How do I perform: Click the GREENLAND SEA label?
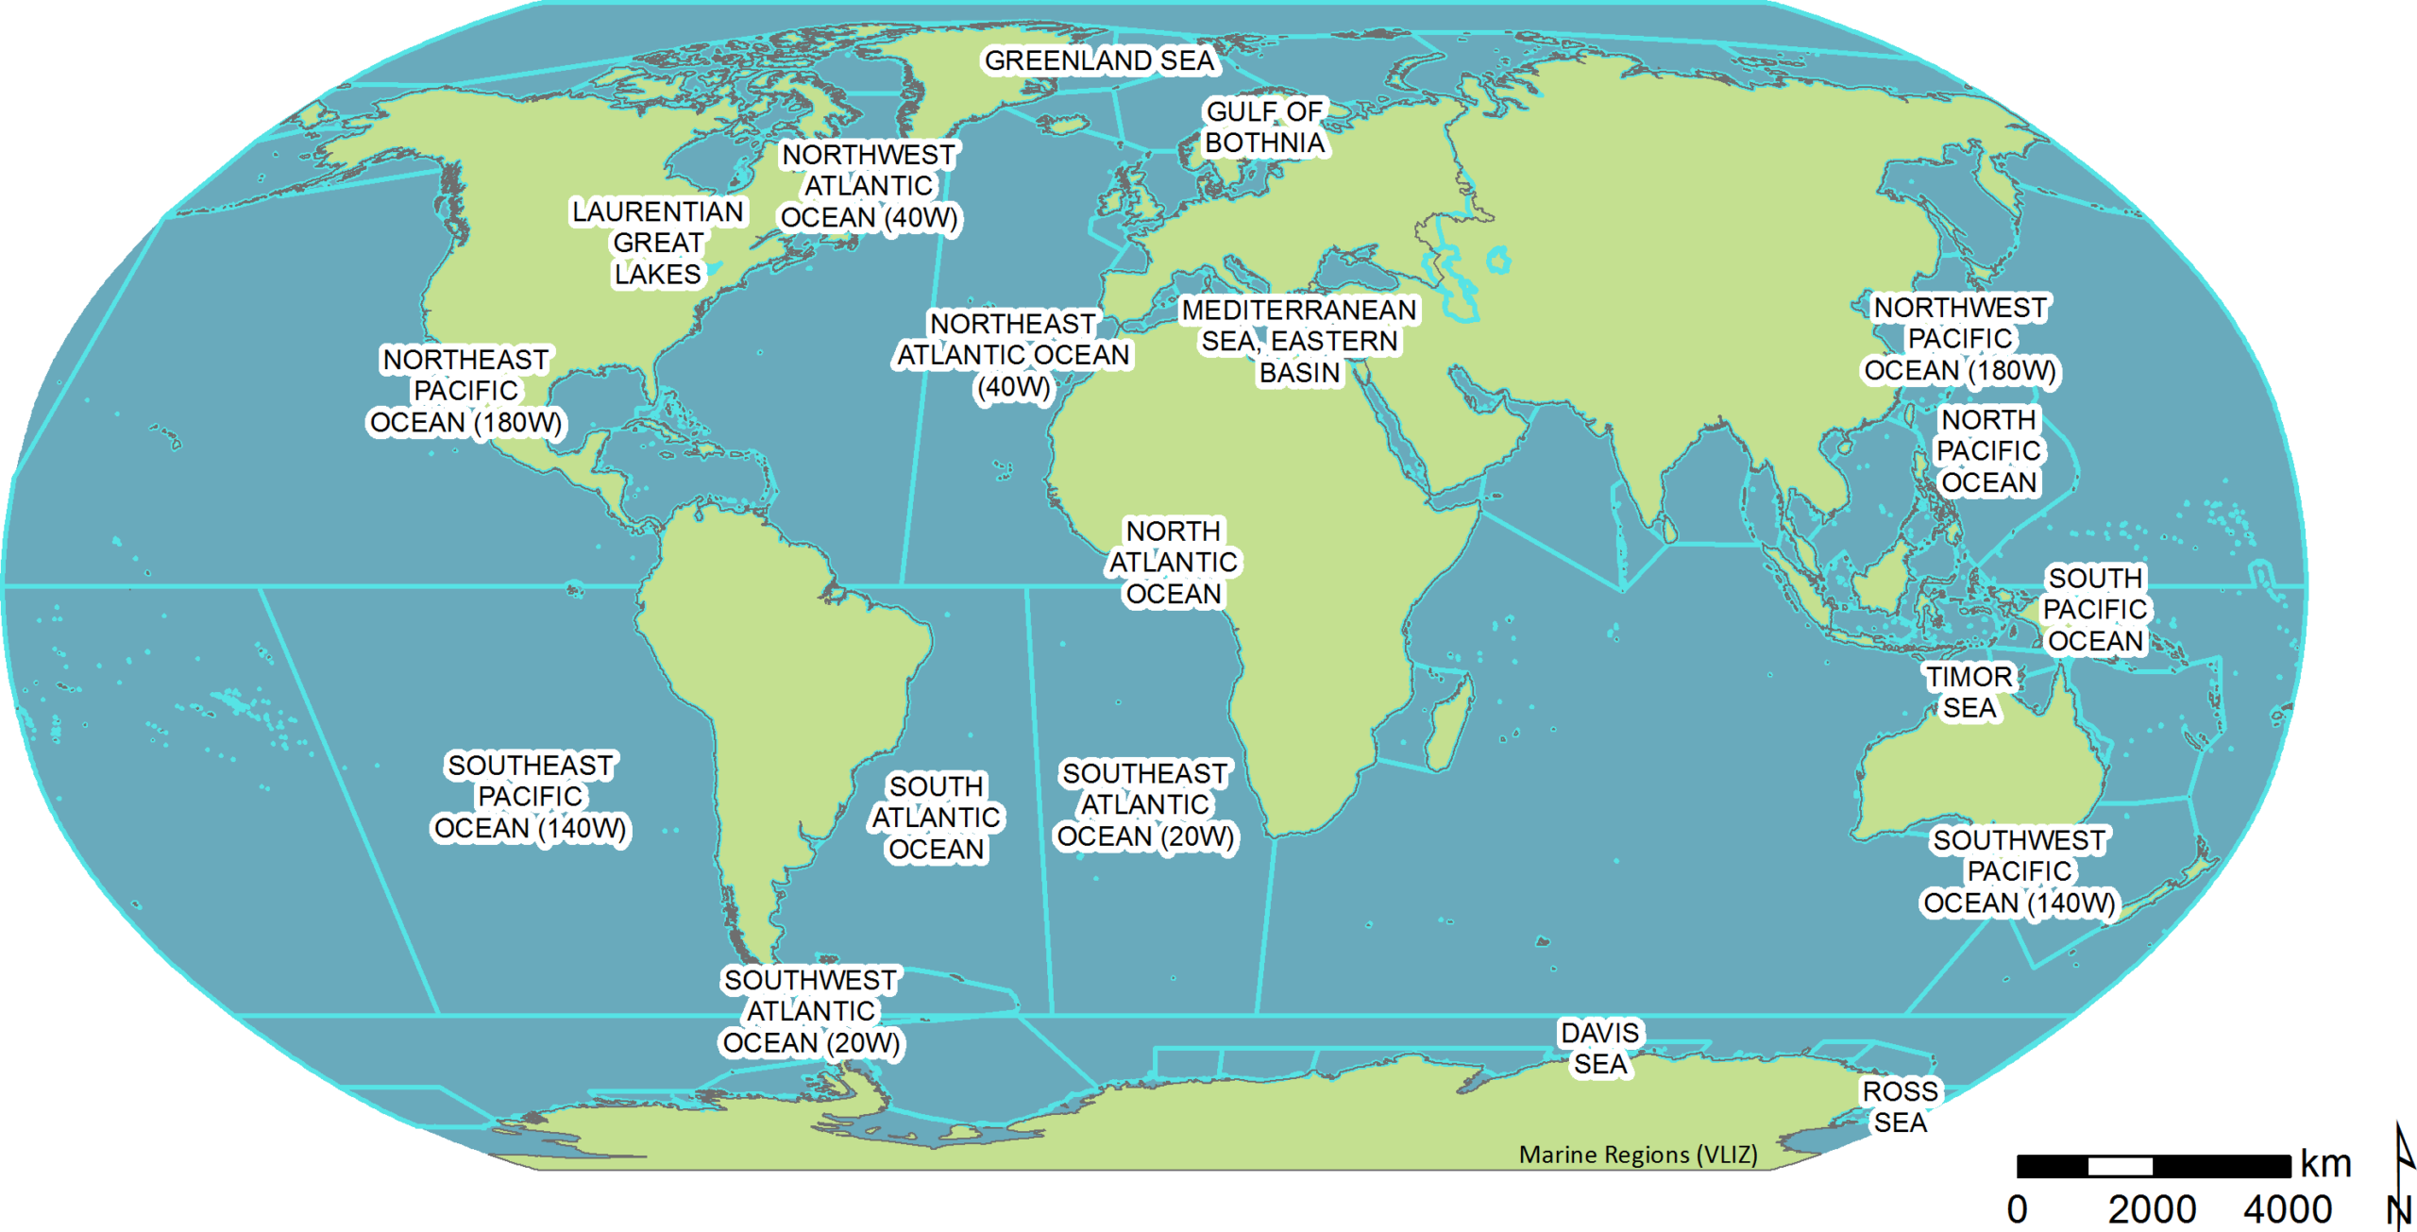[x=1099, y=60]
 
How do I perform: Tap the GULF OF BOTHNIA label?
[x=1264, y=127]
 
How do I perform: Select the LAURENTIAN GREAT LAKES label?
[x=658, y=243]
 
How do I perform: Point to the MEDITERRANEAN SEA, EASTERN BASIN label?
[x=1299, y=341]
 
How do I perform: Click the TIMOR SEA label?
[x=1969, y=692]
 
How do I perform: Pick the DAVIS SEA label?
[x=1600, y=1048]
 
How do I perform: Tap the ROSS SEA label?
[x=1900, y=1106]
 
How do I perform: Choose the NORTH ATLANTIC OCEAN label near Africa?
[x=1173, y=563]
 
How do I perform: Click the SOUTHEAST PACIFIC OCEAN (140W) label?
[x=530, y=797]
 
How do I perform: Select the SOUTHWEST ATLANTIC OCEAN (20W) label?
[x=810, y=1011]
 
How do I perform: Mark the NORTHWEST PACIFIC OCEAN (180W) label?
[x=1960, y=339]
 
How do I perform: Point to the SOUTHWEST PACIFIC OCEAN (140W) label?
[x=2020, y=871]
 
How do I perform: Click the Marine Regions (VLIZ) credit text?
[x=1638, y=1155]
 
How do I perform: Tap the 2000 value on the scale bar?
[x=2152, y=1209]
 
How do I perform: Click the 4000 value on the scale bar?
[x=2288, y=1209]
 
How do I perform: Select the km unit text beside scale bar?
[x=2325, y=1165]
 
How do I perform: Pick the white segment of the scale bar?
[x=2120, y=1166]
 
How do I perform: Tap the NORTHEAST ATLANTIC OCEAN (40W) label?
[x=1013, y=355]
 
